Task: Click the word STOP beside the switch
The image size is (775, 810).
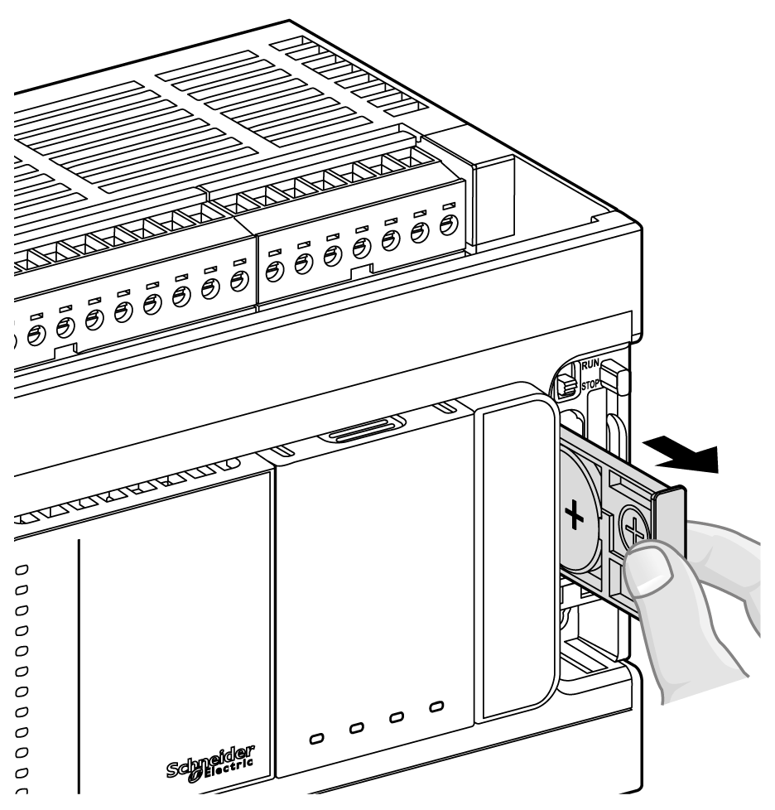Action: [591, 384]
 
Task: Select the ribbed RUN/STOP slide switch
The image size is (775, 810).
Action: [568, 384]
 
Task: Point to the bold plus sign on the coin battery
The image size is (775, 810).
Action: [573, 518]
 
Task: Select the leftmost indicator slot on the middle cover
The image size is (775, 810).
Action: [317, 736]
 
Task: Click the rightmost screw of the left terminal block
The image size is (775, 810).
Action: [238, 281]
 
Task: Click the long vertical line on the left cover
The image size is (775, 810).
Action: [79, 663]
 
